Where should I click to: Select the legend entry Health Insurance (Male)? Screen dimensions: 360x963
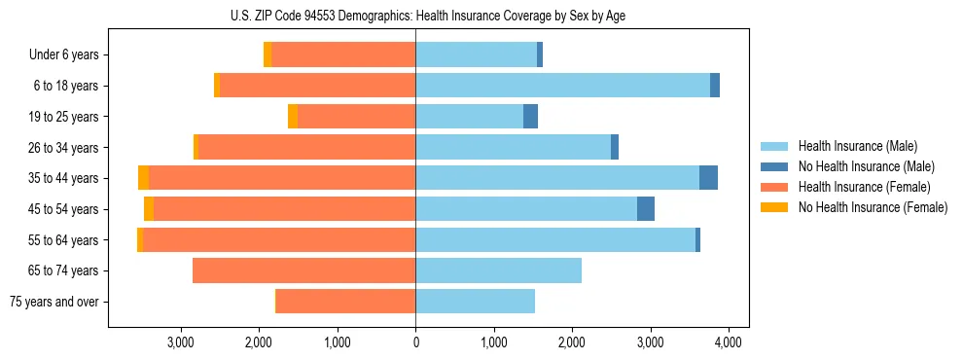857,146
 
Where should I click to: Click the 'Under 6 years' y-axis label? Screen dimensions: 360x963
64,55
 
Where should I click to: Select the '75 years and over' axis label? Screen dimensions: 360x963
54,302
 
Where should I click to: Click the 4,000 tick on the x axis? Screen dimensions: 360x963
729,342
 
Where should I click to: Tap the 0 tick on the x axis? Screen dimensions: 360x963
415,342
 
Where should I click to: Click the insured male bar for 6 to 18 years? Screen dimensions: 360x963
562,86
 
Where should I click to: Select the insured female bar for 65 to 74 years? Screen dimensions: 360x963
303,270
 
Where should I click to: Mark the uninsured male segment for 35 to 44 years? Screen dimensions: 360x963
708,178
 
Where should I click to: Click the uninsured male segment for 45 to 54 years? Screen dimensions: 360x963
646,209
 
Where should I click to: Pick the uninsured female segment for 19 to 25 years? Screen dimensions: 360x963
293,117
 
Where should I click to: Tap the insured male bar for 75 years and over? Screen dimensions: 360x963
475,302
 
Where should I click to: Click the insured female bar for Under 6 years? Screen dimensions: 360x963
343,55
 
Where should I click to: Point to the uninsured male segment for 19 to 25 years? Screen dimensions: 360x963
530,117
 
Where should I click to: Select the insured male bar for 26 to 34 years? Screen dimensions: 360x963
513,147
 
